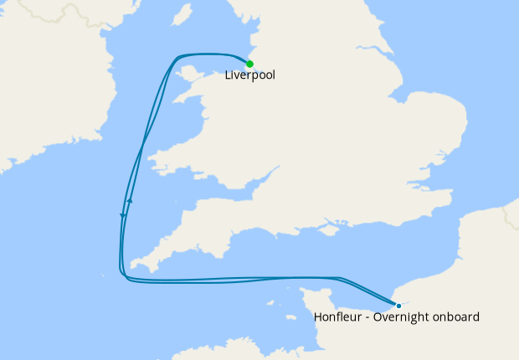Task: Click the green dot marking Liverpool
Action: (249, 64)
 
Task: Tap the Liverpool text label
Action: (249, 75)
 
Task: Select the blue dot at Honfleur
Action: (398, 305)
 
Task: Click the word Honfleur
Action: (339, 317)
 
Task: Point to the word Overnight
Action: (403, 317)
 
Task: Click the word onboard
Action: (457, 317)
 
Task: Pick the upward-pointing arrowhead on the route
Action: (131, 201)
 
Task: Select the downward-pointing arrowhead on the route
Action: (123, 217)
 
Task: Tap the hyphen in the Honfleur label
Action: (368, 317)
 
